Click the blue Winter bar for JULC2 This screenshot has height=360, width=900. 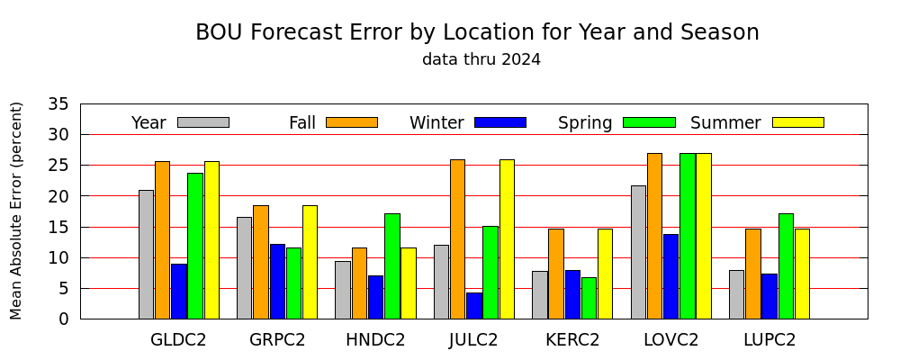(474, 306)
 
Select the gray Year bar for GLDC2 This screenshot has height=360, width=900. (146, 255)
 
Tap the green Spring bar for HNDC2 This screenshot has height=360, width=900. (392, 266)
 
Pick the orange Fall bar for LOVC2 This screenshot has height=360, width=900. (654, 236)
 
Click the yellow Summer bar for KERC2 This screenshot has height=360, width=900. (605, 274)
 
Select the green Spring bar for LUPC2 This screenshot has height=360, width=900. (786, 266)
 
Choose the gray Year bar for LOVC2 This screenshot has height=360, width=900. (638, 253)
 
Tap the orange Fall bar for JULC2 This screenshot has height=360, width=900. (457, 239)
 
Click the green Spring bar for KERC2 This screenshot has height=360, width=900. (589, 299)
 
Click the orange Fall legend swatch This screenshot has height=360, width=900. (352, 122)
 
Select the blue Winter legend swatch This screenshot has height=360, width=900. (500, 122)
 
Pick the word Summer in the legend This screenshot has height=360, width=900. (725, 123)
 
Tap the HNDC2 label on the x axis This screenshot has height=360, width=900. (375, 340)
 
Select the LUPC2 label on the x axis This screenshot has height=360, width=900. (769, 340)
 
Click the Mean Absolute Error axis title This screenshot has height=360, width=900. (16, 211)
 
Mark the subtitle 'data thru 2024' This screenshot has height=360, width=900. (481, 59)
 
